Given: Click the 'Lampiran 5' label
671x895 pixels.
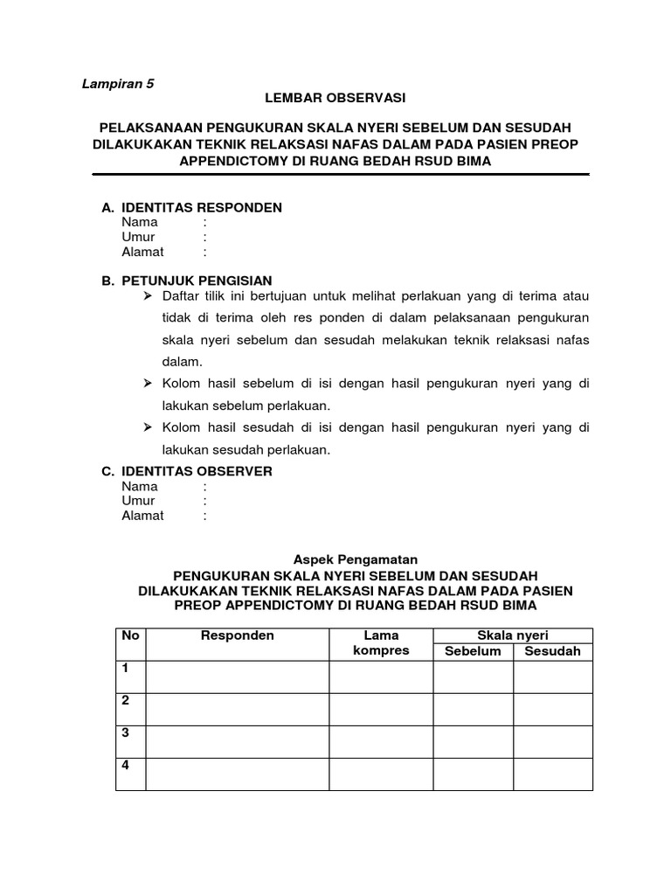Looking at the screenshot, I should [x=117, y=84].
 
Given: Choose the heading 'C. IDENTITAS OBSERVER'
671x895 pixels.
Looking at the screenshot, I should [x=187, y=471].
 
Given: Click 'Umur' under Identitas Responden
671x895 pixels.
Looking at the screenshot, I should [x=138, y=237].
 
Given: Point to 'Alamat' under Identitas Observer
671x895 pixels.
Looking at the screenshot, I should [x=142, y=516].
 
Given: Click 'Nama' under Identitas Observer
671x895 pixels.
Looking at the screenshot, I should [x=140, y=486].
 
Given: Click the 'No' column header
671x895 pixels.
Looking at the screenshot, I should [x=130, y=635].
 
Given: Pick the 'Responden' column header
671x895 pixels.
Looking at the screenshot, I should [x=238, y=635].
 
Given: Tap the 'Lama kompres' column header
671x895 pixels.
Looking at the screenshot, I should [x=380, y=643].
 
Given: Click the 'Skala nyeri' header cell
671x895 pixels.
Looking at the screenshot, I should [x=513, y=635].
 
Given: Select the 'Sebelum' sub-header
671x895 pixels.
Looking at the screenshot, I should [x=473, y=651].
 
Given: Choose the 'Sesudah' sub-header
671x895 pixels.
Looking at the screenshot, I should [x=552, y=651].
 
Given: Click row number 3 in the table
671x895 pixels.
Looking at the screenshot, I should [x=126, y=732].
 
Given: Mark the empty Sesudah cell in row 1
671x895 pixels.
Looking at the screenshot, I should [x=552, y=676].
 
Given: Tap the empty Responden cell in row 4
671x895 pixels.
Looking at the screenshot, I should [x=238, y=774].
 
